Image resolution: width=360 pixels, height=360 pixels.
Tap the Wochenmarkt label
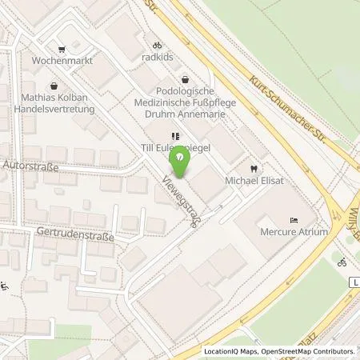click(58, 60)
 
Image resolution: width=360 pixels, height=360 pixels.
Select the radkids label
click(158, 58)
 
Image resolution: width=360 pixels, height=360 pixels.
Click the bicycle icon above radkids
click(158, 45)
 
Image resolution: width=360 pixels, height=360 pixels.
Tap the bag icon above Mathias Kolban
click(53, 83)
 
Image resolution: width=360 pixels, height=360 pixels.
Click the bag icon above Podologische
click(186, 79)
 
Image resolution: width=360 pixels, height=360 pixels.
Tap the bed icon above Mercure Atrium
click(294, 219)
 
